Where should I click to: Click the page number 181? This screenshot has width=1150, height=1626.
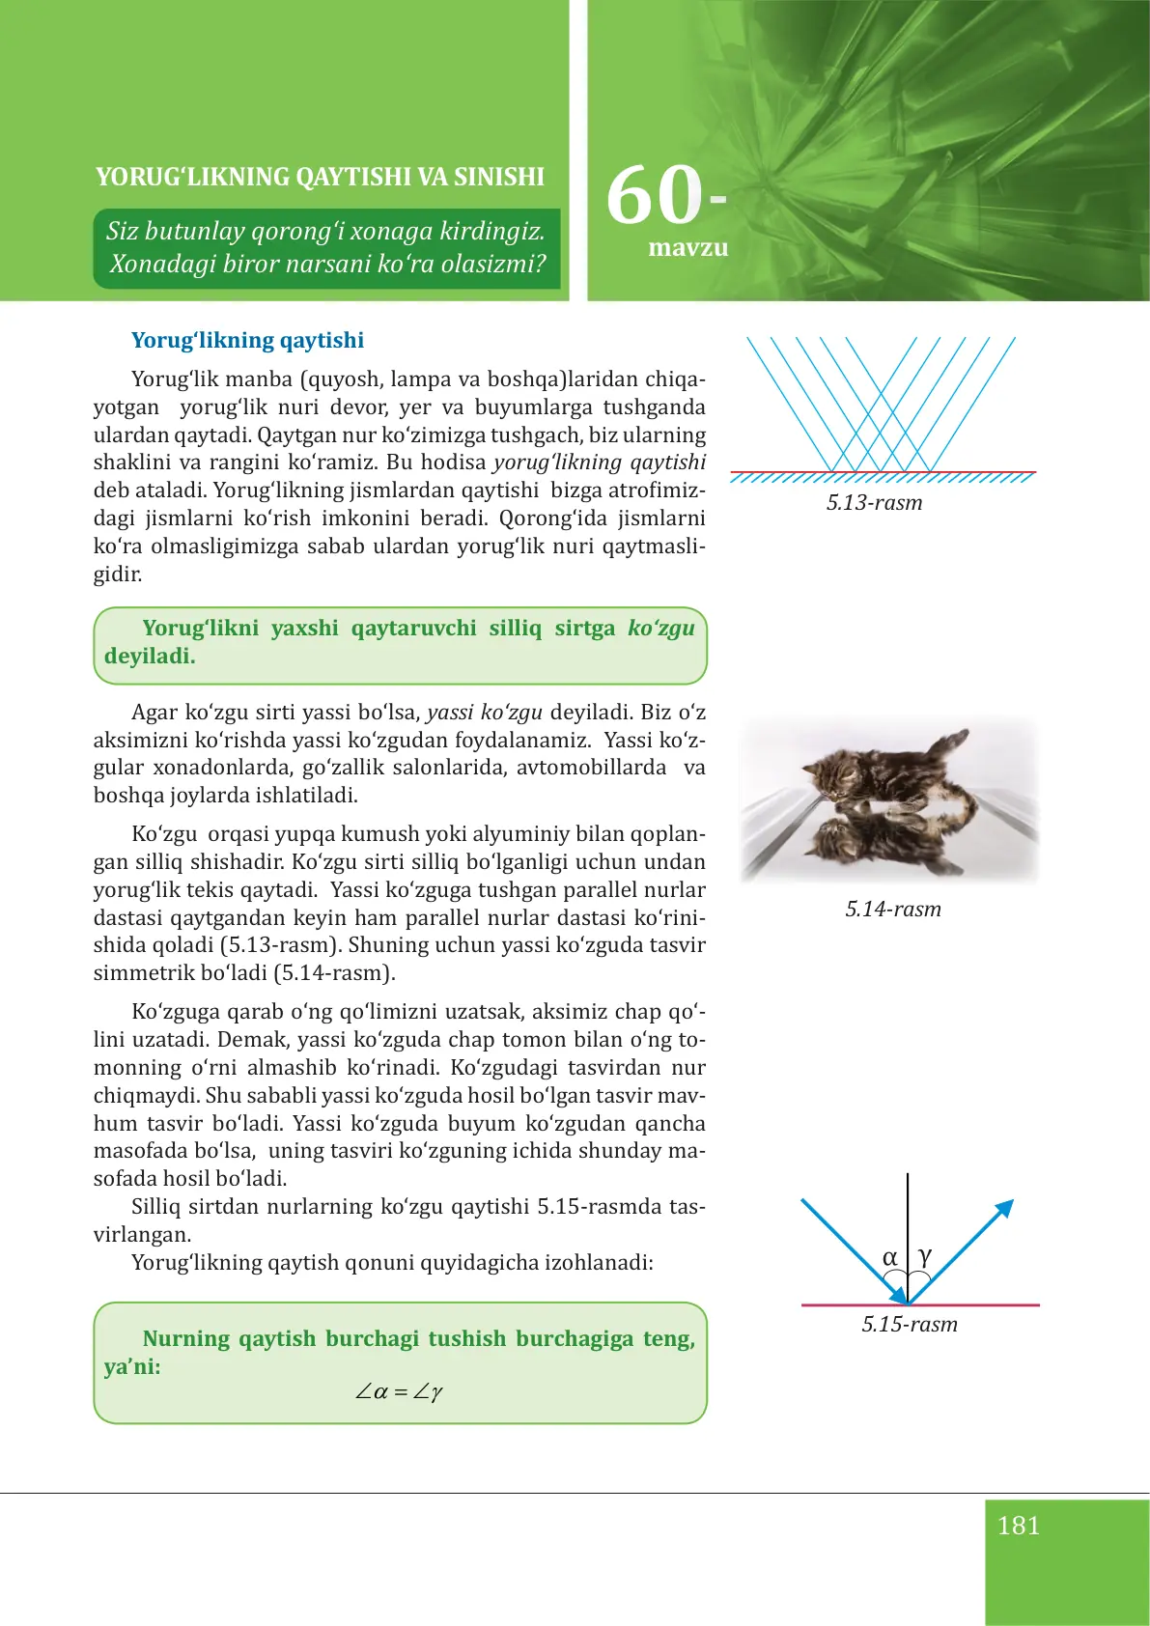1018,1526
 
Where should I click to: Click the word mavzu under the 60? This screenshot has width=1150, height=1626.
687,248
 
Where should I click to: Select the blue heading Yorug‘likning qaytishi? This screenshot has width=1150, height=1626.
247,340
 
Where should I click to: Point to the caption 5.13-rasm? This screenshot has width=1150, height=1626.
874,503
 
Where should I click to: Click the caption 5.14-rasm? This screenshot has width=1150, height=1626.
893,910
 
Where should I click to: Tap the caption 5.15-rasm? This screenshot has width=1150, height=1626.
910,1325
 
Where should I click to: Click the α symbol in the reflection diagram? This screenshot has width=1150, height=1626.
889,1257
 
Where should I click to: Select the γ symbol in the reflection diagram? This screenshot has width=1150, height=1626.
925,1256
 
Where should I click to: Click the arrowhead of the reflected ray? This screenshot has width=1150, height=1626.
1005,1208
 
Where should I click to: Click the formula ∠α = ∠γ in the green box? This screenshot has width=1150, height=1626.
399,1392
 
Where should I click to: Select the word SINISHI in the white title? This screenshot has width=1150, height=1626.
499,177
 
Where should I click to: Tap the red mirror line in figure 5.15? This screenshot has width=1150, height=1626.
985,1305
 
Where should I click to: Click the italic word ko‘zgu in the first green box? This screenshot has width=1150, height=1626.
660,629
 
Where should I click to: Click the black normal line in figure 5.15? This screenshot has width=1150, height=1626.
908,1217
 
